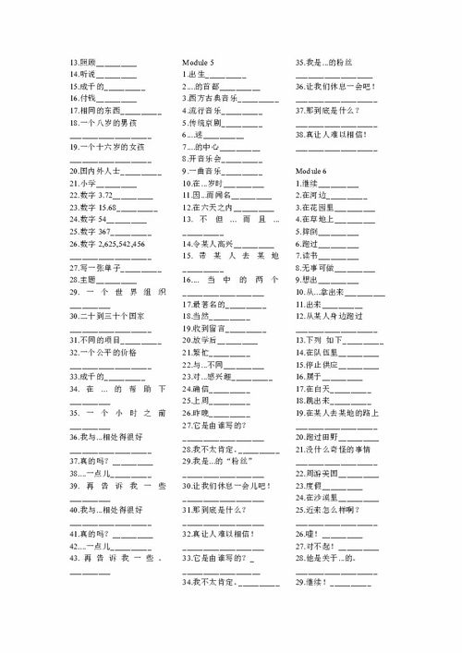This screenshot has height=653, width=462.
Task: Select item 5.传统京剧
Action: coord(205,122)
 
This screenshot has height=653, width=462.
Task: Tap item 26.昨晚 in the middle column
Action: coord(199,413)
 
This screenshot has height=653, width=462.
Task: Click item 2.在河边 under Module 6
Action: coord(311,196)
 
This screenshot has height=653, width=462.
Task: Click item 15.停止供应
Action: coord(316,365)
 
